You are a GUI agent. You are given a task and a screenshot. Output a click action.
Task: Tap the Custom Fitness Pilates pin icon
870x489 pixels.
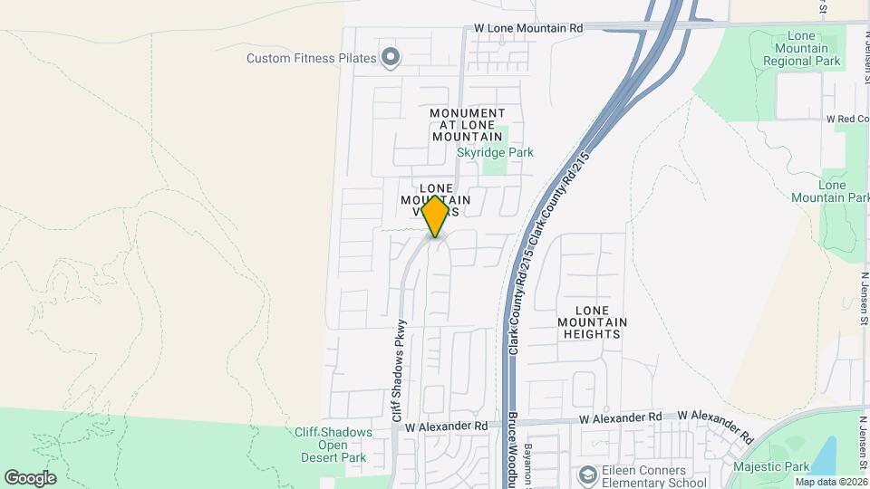(391, 59)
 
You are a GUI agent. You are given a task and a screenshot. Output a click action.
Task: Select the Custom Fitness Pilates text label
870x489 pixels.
(311, 59)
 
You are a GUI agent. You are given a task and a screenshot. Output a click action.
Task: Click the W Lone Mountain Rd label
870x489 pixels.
(528, 29)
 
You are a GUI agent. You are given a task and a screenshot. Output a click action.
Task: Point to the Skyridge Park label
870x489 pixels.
(495, 153)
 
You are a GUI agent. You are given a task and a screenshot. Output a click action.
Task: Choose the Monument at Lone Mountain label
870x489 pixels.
(468, 124)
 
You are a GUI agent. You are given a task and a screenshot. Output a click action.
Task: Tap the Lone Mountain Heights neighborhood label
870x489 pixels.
(591, 321)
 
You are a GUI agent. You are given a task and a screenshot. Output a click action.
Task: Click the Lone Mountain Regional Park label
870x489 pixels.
(801, 48)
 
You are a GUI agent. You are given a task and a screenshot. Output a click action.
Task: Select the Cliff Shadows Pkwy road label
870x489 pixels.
(398, 371)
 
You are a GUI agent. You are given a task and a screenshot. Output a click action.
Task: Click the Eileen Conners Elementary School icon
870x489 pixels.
(588, 475)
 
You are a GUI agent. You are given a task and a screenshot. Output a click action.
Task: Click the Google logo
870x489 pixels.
(30, 477)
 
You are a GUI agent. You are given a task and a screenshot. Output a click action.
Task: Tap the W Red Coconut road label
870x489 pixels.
(847, 119)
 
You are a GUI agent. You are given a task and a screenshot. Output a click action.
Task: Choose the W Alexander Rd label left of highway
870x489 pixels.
(447, 426)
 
